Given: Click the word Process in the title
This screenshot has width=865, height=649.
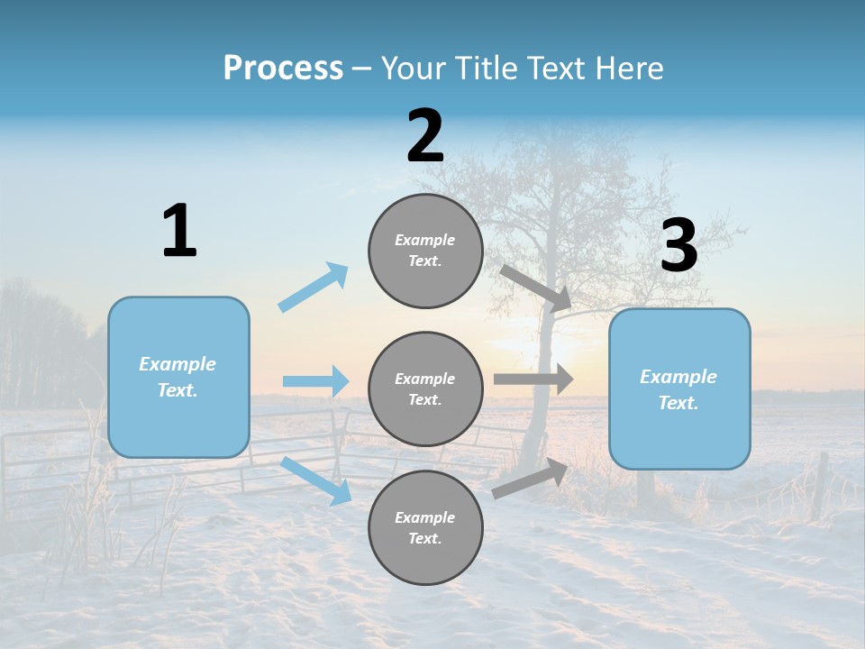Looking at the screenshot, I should click(x=283, y=68).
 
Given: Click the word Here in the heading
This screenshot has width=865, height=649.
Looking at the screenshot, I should click(x=628, y=68).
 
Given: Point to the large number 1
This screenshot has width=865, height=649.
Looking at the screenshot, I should click(x=179, y=231).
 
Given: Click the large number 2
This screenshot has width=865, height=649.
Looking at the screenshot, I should click(x=425, y=136).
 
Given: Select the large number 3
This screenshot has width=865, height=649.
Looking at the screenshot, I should click(x=678, y=245).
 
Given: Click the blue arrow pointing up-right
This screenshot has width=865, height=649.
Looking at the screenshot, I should click(x=314, y=288).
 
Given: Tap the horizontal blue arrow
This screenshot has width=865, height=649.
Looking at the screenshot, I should click(x=315, y=381).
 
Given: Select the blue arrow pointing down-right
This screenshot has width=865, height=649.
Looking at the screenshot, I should click(x=316, y=480).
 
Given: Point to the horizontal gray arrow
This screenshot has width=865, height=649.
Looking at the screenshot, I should click(x=533, y=379).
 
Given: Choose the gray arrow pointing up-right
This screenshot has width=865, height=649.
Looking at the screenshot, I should click(x=530, y=479).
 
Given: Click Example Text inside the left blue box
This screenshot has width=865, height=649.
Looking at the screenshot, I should click(x=178, y=377).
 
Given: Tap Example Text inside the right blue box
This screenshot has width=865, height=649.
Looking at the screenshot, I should click(x=678, y=389).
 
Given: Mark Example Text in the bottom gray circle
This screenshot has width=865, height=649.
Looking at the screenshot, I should click(x=425, y=527).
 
